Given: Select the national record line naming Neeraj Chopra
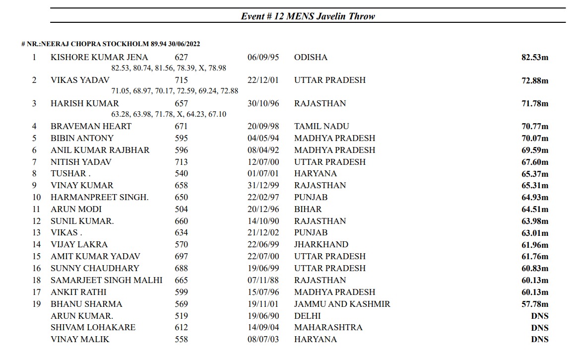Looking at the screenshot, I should (x=111, y=44).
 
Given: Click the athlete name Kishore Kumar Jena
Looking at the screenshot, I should (x=99, y=57).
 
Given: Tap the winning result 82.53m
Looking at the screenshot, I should (x=534, y=58).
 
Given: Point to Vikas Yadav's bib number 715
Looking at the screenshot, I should (x=181, y=80).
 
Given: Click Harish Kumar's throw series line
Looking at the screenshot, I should (x=169, y=114).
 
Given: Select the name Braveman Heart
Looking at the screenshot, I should (x=91, y=126).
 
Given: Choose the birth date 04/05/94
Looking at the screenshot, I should (x=263, y=138).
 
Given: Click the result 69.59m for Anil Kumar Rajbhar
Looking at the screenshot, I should (x=534, y=150).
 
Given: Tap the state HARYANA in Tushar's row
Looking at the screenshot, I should (x=315, y=173).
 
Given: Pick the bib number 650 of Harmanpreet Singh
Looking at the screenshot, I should (x=181, y=197).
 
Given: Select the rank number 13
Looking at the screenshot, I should (x=36, y=232).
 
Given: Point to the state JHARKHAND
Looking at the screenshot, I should (x=321, y=244).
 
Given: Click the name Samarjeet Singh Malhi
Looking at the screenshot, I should (x=106, y=280).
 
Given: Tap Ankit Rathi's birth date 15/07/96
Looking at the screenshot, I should (x=263, y=292).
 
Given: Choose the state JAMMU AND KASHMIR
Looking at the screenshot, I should (x=342, y=304).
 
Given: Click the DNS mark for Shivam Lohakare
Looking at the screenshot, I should (x=539, y=328).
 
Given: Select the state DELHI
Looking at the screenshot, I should (x=307, y=316).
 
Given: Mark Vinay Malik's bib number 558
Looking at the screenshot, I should (x=181, y=339).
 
